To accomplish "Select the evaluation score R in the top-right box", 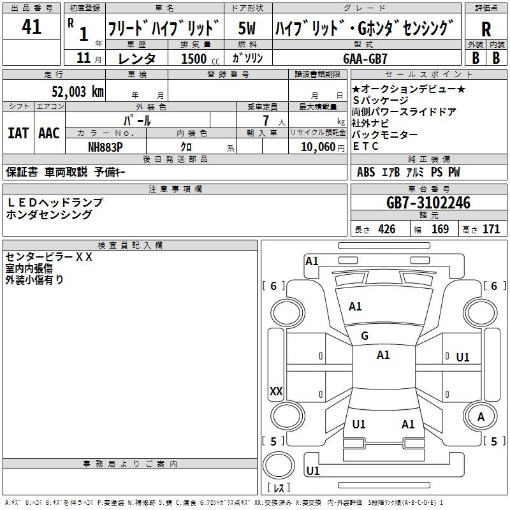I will (x=486, y=29).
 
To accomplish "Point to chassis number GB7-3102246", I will (x=428, y=203).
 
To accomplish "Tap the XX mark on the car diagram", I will (x=276, y=391).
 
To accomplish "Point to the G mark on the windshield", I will (x=365, y=335).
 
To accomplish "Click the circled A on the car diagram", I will (x=481, y=417).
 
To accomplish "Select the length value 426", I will (x=386, y=229).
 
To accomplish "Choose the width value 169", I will (x=440, y=229).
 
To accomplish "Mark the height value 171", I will (x=491, y=229).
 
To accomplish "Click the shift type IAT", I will (x=18, y=133).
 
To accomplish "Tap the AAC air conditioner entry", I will (x=49, y=133).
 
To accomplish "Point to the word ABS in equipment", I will (x=366, y=172).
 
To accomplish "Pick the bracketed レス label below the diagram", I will (x=278, y=488).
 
